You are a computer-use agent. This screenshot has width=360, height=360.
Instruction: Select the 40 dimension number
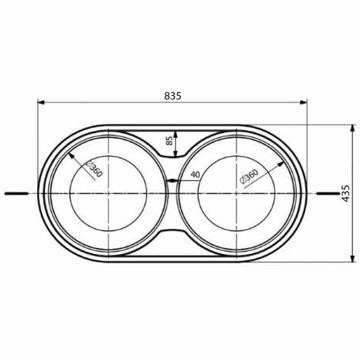(195, 175)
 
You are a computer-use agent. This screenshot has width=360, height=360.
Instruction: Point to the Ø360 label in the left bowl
(95, 172)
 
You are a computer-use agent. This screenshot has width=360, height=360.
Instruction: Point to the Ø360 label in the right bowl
(248, 177)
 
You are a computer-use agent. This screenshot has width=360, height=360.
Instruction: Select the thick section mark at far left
(16, 194)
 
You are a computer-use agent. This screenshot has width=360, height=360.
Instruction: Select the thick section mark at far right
(329, 194)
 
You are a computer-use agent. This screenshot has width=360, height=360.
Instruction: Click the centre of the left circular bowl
(107, 194)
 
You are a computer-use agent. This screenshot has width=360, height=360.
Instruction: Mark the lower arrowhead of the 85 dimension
(175, 154)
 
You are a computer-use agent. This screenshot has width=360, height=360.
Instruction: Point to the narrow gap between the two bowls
(174, 181)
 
